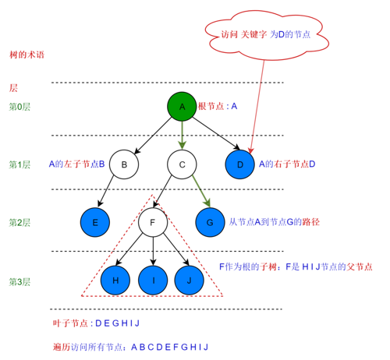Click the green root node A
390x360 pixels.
tap(182, 107)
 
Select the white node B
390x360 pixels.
tap(124, 164)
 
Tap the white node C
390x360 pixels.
tap(182, 164)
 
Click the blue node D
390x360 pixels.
tap(239, 164)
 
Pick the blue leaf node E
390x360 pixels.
tap(95, 222)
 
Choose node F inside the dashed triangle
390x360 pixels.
tap(153, 222)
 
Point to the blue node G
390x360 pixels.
tap(210, 222)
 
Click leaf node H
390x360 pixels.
tap(115, 279)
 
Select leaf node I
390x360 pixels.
tap(153, 279)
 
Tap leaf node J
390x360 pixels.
tap(190, 279)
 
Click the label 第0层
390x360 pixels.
tap(19, 107)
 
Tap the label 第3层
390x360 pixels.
tap(19, 280)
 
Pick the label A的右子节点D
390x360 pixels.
tap(286, 164)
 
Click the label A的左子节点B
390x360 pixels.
tap(76, 164)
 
